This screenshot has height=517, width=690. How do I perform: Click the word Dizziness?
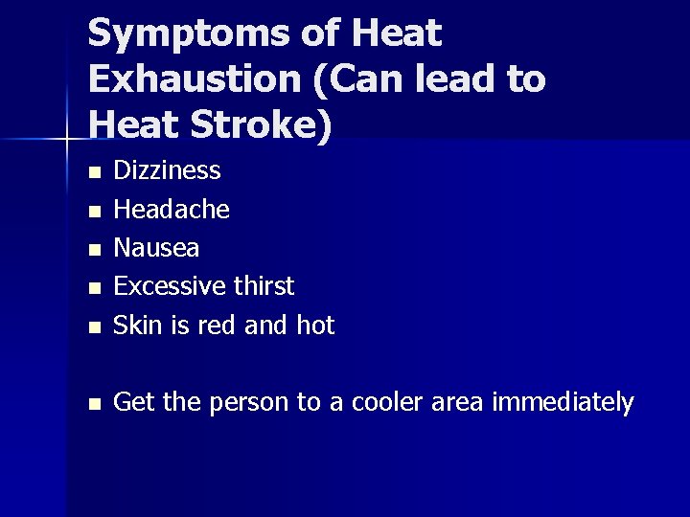[x=167, y=170]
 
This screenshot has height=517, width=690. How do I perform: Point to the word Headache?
[x=172, y=209]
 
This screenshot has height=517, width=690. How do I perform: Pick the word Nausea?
[x=156, y=248]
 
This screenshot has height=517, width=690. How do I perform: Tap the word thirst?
[x=264, y=286]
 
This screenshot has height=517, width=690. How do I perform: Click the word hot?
[x=315, y=326]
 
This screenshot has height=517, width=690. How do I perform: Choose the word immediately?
[x=563, y=403]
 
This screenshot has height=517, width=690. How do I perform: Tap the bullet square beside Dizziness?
[x=93, y=173]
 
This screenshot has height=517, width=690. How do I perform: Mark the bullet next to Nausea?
[x=93, y=250]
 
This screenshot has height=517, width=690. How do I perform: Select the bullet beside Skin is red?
[x=93, y=327]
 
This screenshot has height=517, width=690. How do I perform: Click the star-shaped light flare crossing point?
[x=68, y=141]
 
